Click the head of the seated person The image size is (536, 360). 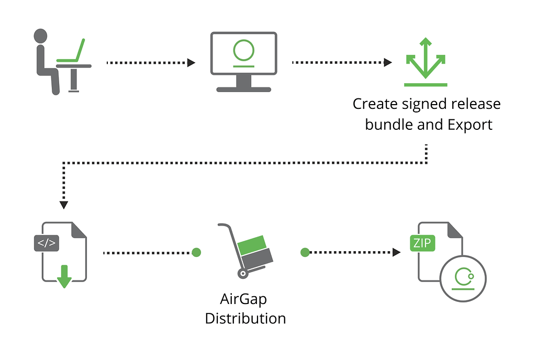40,36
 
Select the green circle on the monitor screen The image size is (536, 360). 244,50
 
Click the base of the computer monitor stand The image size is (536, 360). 244,90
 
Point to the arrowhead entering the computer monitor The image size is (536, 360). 192,63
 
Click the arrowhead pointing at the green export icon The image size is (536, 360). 388,62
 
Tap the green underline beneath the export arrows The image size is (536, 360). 426,85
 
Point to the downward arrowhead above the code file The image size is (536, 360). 63,205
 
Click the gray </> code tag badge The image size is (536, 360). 47,243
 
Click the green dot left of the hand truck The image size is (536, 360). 196,252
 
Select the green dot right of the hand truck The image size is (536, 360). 305,252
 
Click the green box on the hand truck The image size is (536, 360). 252,245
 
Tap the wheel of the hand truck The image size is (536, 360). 243,274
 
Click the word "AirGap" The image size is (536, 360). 243,299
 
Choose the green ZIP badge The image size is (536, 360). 422,243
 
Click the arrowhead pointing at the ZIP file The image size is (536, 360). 397,252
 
